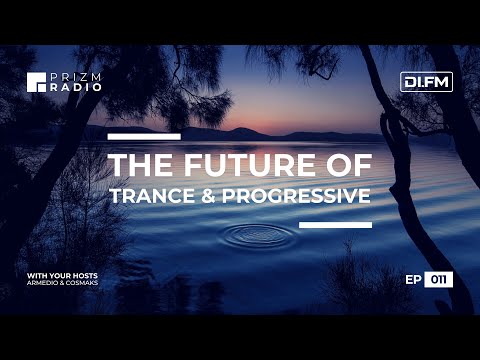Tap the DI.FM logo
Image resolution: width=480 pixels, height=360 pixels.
(x=427, y=82)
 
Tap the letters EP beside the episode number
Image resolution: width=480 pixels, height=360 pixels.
(x=415, y=280)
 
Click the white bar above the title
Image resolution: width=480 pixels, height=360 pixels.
(x=143, y=135)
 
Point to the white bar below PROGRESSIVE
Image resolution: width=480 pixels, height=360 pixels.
(x=335, y=224)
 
